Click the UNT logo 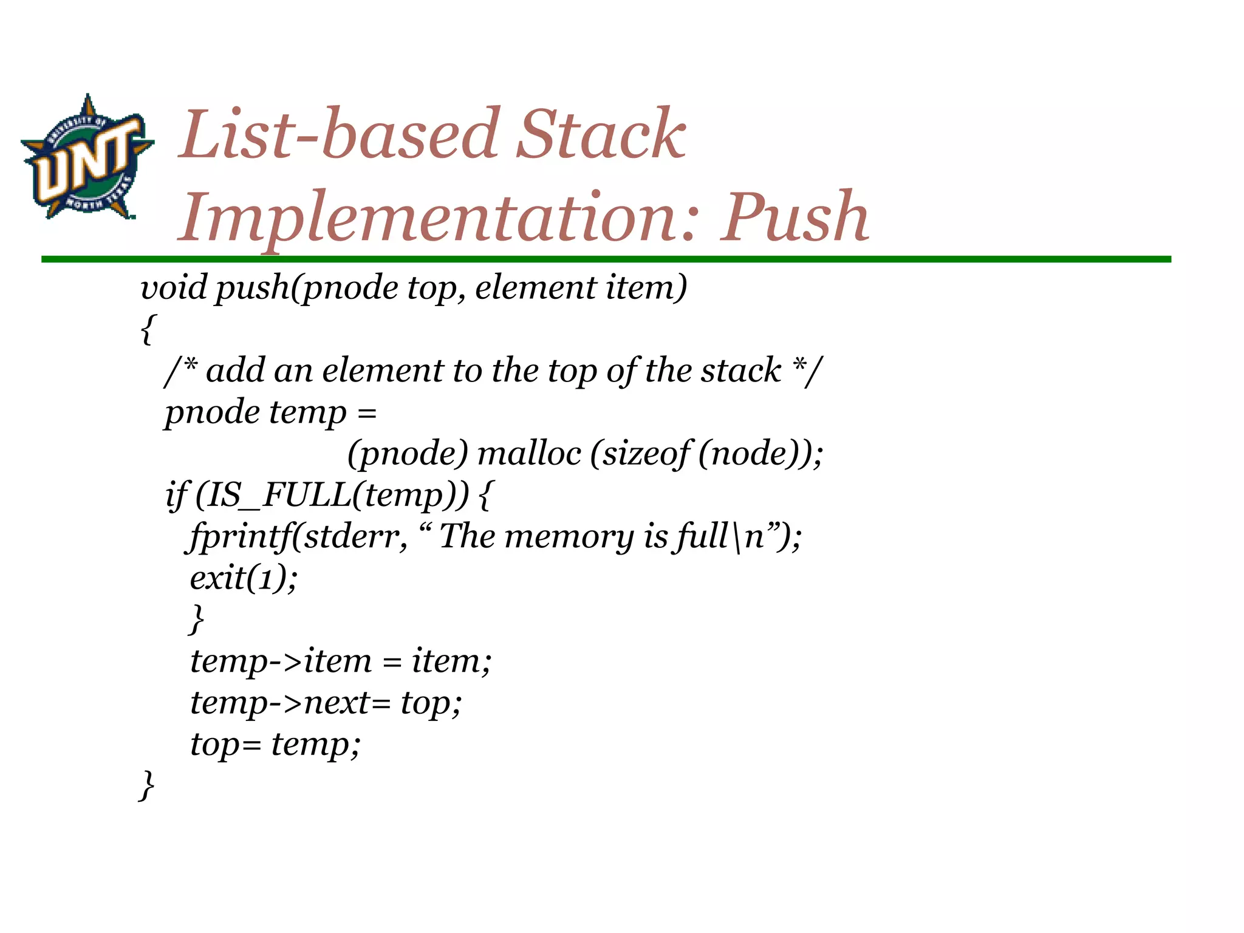click(x=87, y=157)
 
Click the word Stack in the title click(x=601, y=134)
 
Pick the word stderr click(x=355, y=536)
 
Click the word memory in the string click(x=569, y=537)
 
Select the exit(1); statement click(x=244, y=578)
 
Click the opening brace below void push click(x=147, y=329)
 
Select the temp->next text click(x=279, y=703)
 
